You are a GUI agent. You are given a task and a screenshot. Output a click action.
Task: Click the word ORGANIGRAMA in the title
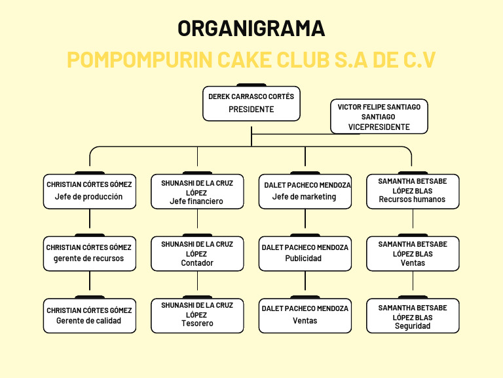click(251, 28)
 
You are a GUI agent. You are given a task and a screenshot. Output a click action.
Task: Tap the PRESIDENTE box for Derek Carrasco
click(251, 103)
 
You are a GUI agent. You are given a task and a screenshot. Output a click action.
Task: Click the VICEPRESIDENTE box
click(379, 117)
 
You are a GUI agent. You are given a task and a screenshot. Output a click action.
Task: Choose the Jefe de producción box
click(90, 191)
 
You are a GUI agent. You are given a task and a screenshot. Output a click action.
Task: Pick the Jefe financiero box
click(197, 191)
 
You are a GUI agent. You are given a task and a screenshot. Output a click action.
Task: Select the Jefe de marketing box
click(305, 191)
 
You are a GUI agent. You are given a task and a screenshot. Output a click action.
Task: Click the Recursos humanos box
click(412, 191)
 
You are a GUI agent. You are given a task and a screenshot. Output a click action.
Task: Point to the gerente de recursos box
click(90, 253)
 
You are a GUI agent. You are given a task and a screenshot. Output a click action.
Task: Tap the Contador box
click(197, 253)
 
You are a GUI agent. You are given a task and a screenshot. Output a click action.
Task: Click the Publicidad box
click(305, 253)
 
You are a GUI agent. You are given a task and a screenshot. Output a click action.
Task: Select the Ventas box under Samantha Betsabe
click(412, 253)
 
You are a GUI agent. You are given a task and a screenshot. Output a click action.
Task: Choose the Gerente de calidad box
click(90, 315)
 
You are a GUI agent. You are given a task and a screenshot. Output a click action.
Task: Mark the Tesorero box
click(197, 315)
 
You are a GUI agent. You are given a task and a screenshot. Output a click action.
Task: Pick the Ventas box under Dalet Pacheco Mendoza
click(305, 315)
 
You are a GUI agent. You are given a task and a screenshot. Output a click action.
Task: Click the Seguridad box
click(412, 315)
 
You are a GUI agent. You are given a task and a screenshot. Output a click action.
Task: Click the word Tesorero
click(197, 324)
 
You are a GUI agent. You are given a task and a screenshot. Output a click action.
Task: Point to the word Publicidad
click(303, 259)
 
